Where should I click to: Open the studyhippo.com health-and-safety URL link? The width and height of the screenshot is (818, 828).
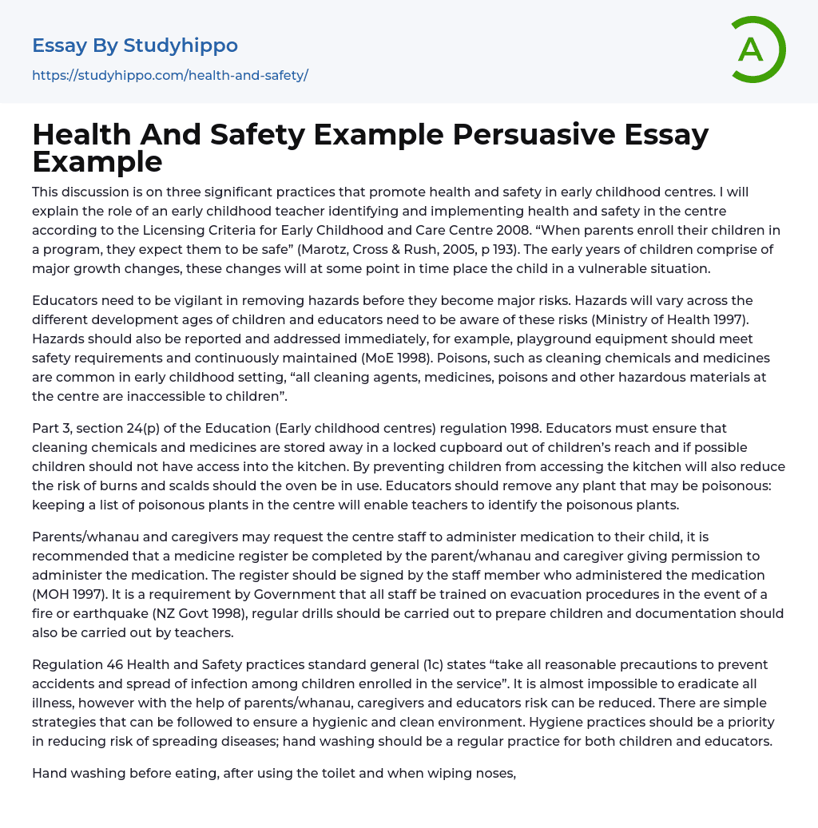tap(170, 75)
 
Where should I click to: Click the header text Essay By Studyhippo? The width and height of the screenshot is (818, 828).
tap(135, 46)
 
